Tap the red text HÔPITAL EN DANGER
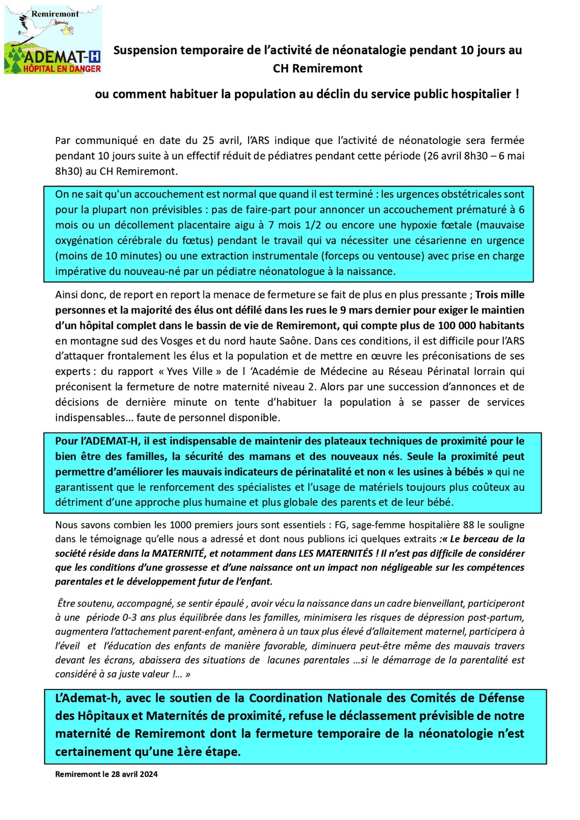click(x=62, y=69)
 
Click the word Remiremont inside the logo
click(x=55, y=14)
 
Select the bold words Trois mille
click(x=500, y=295)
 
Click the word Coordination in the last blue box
click(x=286, y=698)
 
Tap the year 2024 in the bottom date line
click(x=148, y=774)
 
